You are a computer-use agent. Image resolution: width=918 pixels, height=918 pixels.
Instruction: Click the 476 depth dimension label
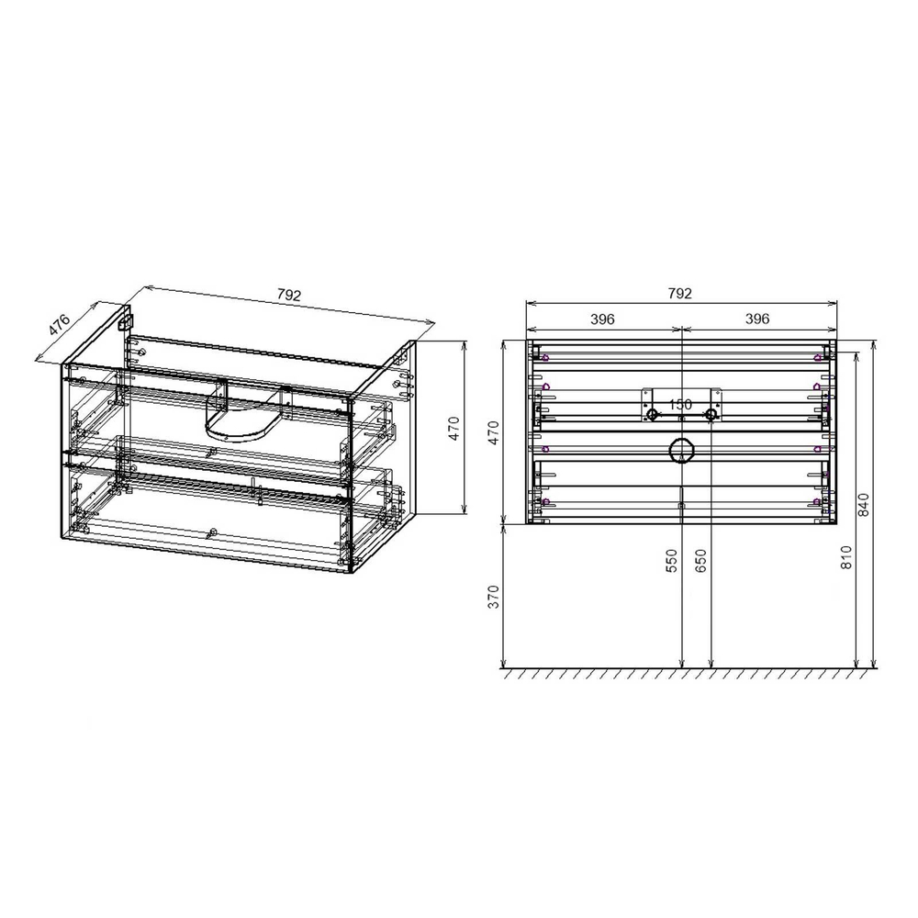[x=58, y=325]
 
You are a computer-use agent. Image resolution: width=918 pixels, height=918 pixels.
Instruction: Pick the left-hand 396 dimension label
[x=601, y=319]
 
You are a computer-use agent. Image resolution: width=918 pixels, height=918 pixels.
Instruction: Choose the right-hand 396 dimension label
[x=756, y=319]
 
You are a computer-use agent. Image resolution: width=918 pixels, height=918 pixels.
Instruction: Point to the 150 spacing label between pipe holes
[x=680, y=404]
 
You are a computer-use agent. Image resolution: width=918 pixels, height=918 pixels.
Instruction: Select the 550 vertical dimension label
[x=671, y=560]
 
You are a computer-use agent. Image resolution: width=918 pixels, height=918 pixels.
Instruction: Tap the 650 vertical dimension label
[x=701, y=560]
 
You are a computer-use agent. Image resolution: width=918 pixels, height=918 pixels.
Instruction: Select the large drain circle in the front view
[x=681, y=451]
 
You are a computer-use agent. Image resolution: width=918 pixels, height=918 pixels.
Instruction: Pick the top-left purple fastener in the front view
[x=546, y=358]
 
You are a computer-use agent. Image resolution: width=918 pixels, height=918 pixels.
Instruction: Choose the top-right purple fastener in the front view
[x=816, y=358]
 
